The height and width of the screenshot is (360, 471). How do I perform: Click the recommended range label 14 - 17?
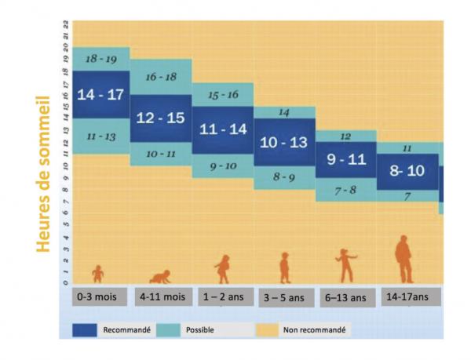tap(101, 95)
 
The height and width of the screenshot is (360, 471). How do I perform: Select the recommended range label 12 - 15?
tap(160, 118)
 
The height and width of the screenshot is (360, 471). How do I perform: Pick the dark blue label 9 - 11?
tap(346, 159)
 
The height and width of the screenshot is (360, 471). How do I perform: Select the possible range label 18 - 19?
tap(101, 59)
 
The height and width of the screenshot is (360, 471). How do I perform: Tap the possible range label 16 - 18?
tap(162, 76)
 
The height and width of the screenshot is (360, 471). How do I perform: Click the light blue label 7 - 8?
tap(346, 191)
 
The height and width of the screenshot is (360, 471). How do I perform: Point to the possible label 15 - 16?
tap(224, 95)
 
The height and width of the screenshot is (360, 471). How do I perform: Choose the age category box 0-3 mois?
tap(98, 297)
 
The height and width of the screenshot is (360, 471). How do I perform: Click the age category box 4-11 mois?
tap(162, 297)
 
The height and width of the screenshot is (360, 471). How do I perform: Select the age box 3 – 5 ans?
tap(284, 297)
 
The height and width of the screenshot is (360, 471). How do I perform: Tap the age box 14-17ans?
tap(407, 297)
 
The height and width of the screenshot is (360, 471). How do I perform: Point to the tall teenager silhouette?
tap(403, 259)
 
